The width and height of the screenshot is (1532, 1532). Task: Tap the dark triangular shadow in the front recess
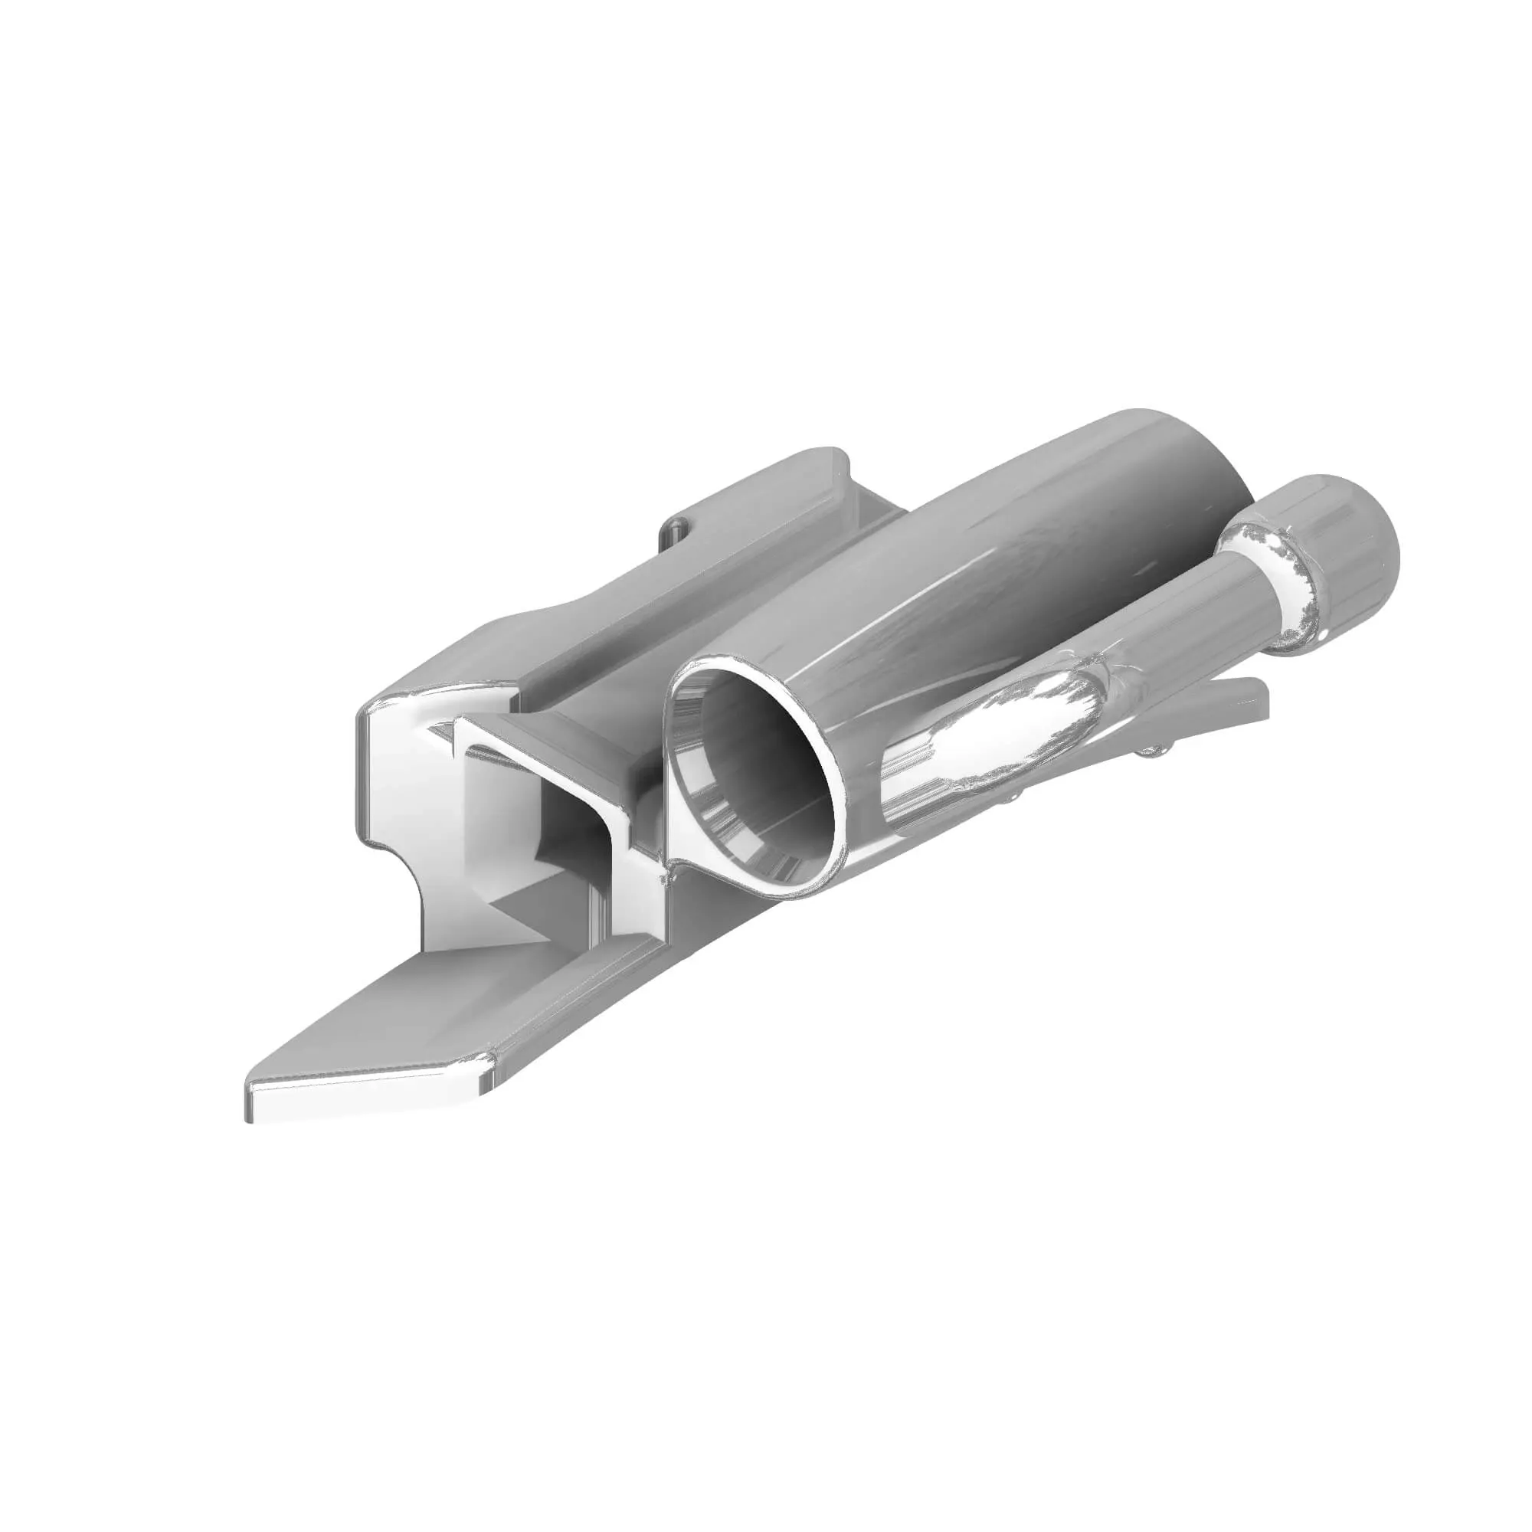(516, 912)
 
